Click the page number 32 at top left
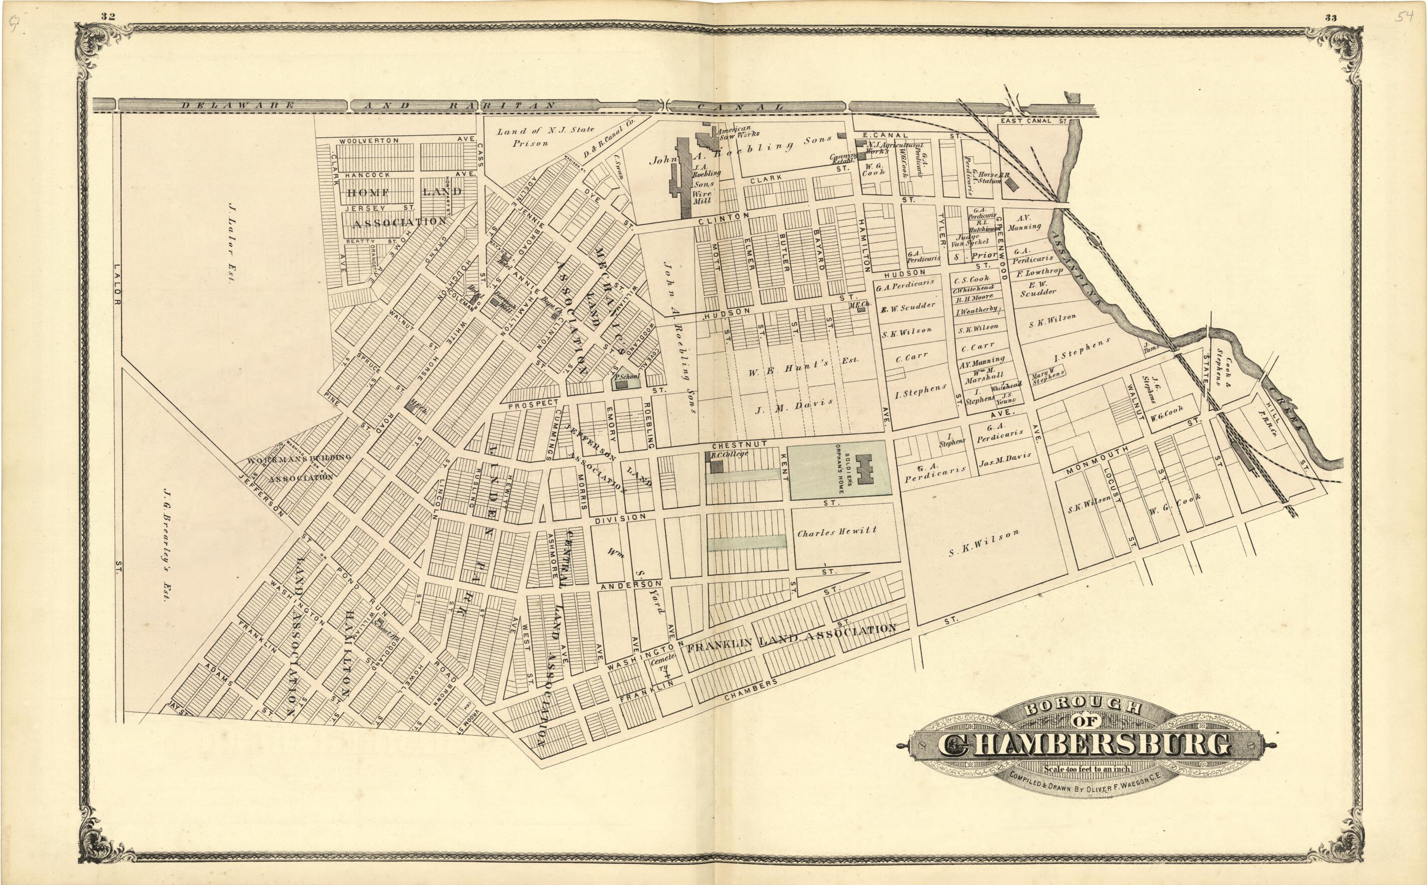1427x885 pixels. pyautogui.click(x=108, y=17)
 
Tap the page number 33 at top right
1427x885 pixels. pyautogui.click(x=1331, y=18)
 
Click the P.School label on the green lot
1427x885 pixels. pyautogui.click(x=628, y=377)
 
